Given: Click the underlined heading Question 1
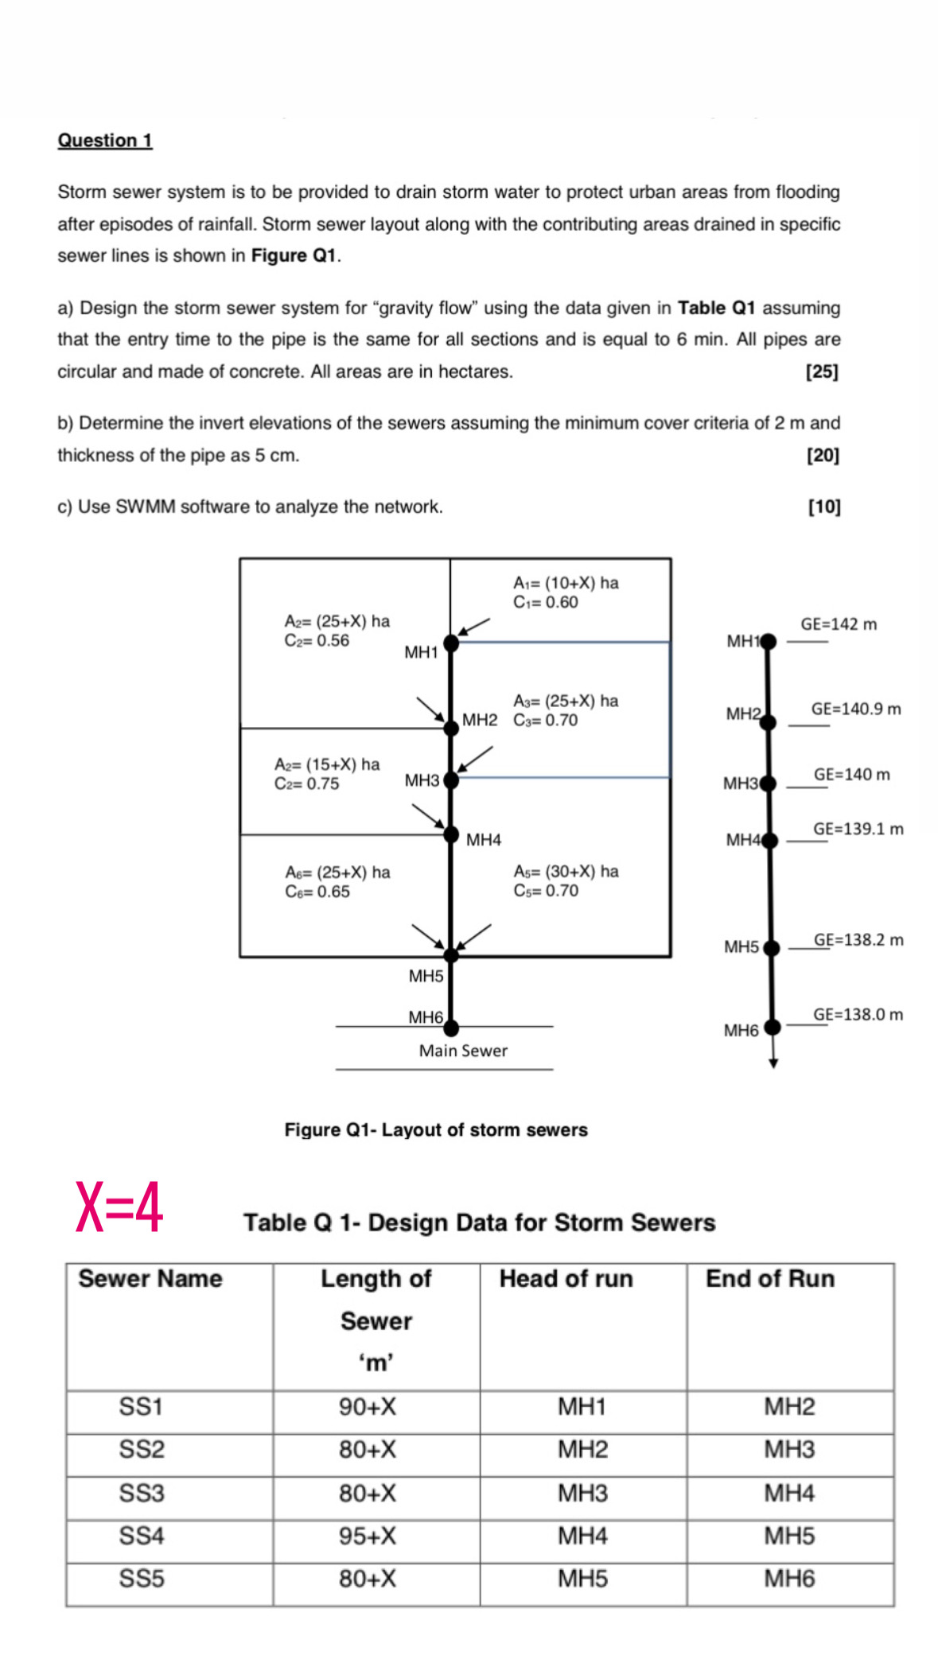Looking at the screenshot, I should [104, 141].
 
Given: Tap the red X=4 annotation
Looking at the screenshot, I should [119, 1207].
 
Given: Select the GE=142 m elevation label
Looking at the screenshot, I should [838, 624].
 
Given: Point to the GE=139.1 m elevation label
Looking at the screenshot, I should [858, 829].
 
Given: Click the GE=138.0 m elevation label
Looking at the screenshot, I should [858, 1014].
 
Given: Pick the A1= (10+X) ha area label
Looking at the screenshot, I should [566, 583].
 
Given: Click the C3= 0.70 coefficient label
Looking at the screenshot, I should [546, 721].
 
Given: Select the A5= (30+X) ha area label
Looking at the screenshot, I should [566, 872].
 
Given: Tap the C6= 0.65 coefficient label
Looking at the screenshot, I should [317, 892].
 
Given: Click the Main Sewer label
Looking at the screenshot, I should [463, 1051].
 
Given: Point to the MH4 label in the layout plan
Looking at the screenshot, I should [484, 840].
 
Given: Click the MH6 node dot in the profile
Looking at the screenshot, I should [772, 1027].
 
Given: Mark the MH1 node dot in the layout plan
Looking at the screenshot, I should [451, 643].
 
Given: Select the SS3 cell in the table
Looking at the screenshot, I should [142, 1493].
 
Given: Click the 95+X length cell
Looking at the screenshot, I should [368, 1536].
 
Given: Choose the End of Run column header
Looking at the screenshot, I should [770, 1279].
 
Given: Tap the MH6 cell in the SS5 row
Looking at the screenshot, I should [789, 1579].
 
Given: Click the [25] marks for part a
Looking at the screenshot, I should [822, 371].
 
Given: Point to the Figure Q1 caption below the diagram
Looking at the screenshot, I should [436, 1130].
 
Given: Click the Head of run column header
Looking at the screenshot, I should [566, 1279].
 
